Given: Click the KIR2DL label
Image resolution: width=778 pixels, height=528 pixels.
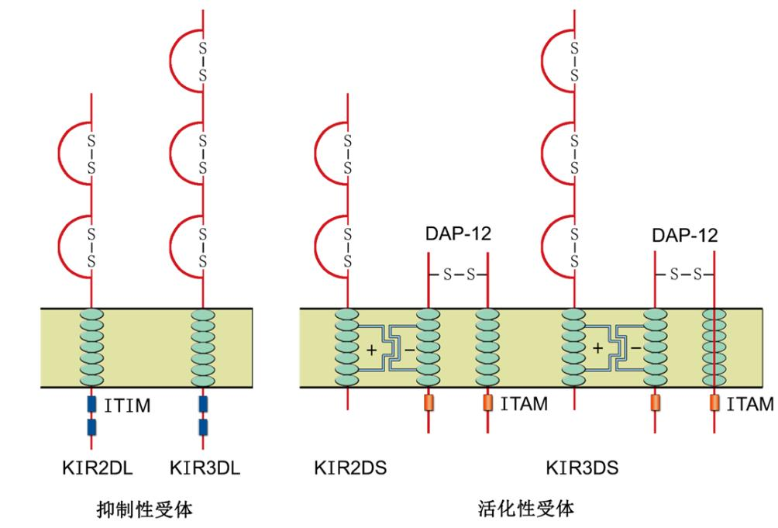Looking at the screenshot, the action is [98, 468].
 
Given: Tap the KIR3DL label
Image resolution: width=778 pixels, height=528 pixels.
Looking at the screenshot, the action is [205, 468].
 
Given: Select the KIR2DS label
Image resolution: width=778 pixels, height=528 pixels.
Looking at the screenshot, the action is [350, 468].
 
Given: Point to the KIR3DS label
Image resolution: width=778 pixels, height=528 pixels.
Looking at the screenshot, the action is [582, 468].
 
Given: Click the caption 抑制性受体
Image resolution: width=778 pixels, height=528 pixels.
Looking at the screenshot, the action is [144, 509].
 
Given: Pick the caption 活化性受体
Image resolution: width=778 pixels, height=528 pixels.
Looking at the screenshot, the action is [526, 509].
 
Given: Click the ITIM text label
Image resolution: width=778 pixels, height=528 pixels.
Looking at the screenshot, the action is [127, 406].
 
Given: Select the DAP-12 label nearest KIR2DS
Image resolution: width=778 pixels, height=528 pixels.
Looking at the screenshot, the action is [458, 233].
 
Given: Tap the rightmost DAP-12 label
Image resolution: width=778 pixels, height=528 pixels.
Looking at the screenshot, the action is [685, 235].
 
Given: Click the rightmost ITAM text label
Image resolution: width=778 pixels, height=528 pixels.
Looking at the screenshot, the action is [750, 405].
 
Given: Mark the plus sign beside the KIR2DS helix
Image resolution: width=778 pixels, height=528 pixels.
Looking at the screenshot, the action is [372, 350].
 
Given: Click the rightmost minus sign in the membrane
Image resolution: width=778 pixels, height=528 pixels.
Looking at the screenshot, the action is [635, 348].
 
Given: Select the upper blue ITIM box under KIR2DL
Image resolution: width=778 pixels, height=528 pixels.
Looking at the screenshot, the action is [91, 404].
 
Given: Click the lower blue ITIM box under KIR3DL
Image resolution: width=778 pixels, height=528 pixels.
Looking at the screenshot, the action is [203, 426].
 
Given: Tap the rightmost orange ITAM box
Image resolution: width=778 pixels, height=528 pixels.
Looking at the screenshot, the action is [714, 402].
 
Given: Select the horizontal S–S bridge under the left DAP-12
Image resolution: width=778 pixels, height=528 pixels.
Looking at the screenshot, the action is [459, 274].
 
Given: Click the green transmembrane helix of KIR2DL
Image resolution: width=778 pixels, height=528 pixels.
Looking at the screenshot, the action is [91, 347].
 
